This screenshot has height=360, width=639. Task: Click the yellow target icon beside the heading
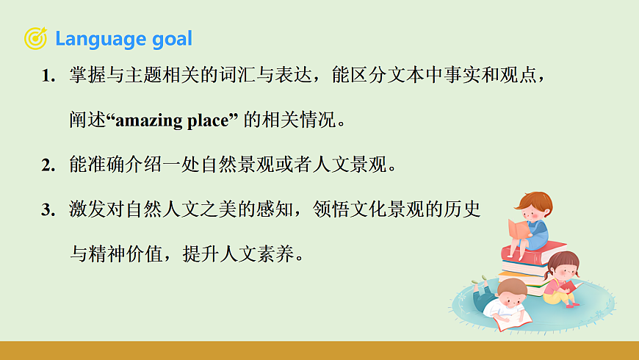pos(35,38)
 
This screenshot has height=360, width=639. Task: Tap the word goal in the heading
pos(172,39)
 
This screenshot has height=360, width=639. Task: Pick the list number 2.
pos(48,165)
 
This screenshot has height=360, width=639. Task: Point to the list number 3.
pos(48,210)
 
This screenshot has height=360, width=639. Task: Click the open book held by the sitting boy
pos(519,228)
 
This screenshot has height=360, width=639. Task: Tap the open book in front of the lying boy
pos(512,320)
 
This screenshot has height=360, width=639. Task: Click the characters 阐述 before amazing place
pos(87,121)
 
